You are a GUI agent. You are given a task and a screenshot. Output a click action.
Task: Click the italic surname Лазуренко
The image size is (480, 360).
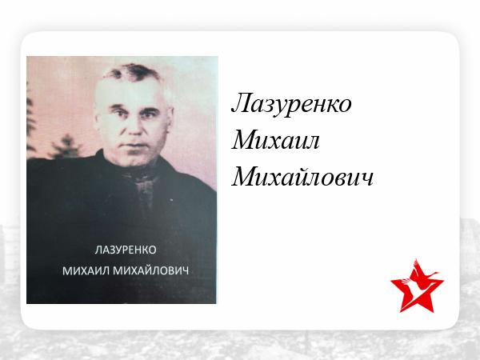(291, 104)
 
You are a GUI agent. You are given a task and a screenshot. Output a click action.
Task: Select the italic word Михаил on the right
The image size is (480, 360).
(275, 141)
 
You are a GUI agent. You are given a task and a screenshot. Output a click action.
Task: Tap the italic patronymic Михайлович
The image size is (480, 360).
(302, 177)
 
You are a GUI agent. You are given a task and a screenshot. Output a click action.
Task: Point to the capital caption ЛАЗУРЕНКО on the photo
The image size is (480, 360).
(126, 250)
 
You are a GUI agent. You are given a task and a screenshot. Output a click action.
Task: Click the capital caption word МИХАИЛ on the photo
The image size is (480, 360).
(86, 271)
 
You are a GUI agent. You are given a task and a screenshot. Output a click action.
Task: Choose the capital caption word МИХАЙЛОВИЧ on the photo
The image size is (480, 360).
(151, 271)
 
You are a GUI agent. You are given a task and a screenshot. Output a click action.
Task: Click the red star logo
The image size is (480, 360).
(417, 286)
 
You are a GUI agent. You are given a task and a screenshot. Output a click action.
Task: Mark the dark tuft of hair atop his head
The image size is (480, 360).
(133, 72)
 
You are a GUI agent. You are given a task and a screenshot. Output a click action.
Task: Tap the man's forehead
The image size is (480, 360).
(132, 92)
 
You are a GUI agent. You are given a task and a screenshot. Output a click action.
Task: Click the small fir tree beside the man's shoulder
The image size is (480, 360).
(65, 147)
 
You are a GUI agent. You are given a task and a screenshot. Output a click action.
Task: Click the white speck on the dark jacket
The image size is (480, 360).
(171, 200)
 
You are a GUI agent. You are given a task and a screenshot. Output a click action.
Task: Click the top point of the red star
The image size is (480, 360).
(416, 259)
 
